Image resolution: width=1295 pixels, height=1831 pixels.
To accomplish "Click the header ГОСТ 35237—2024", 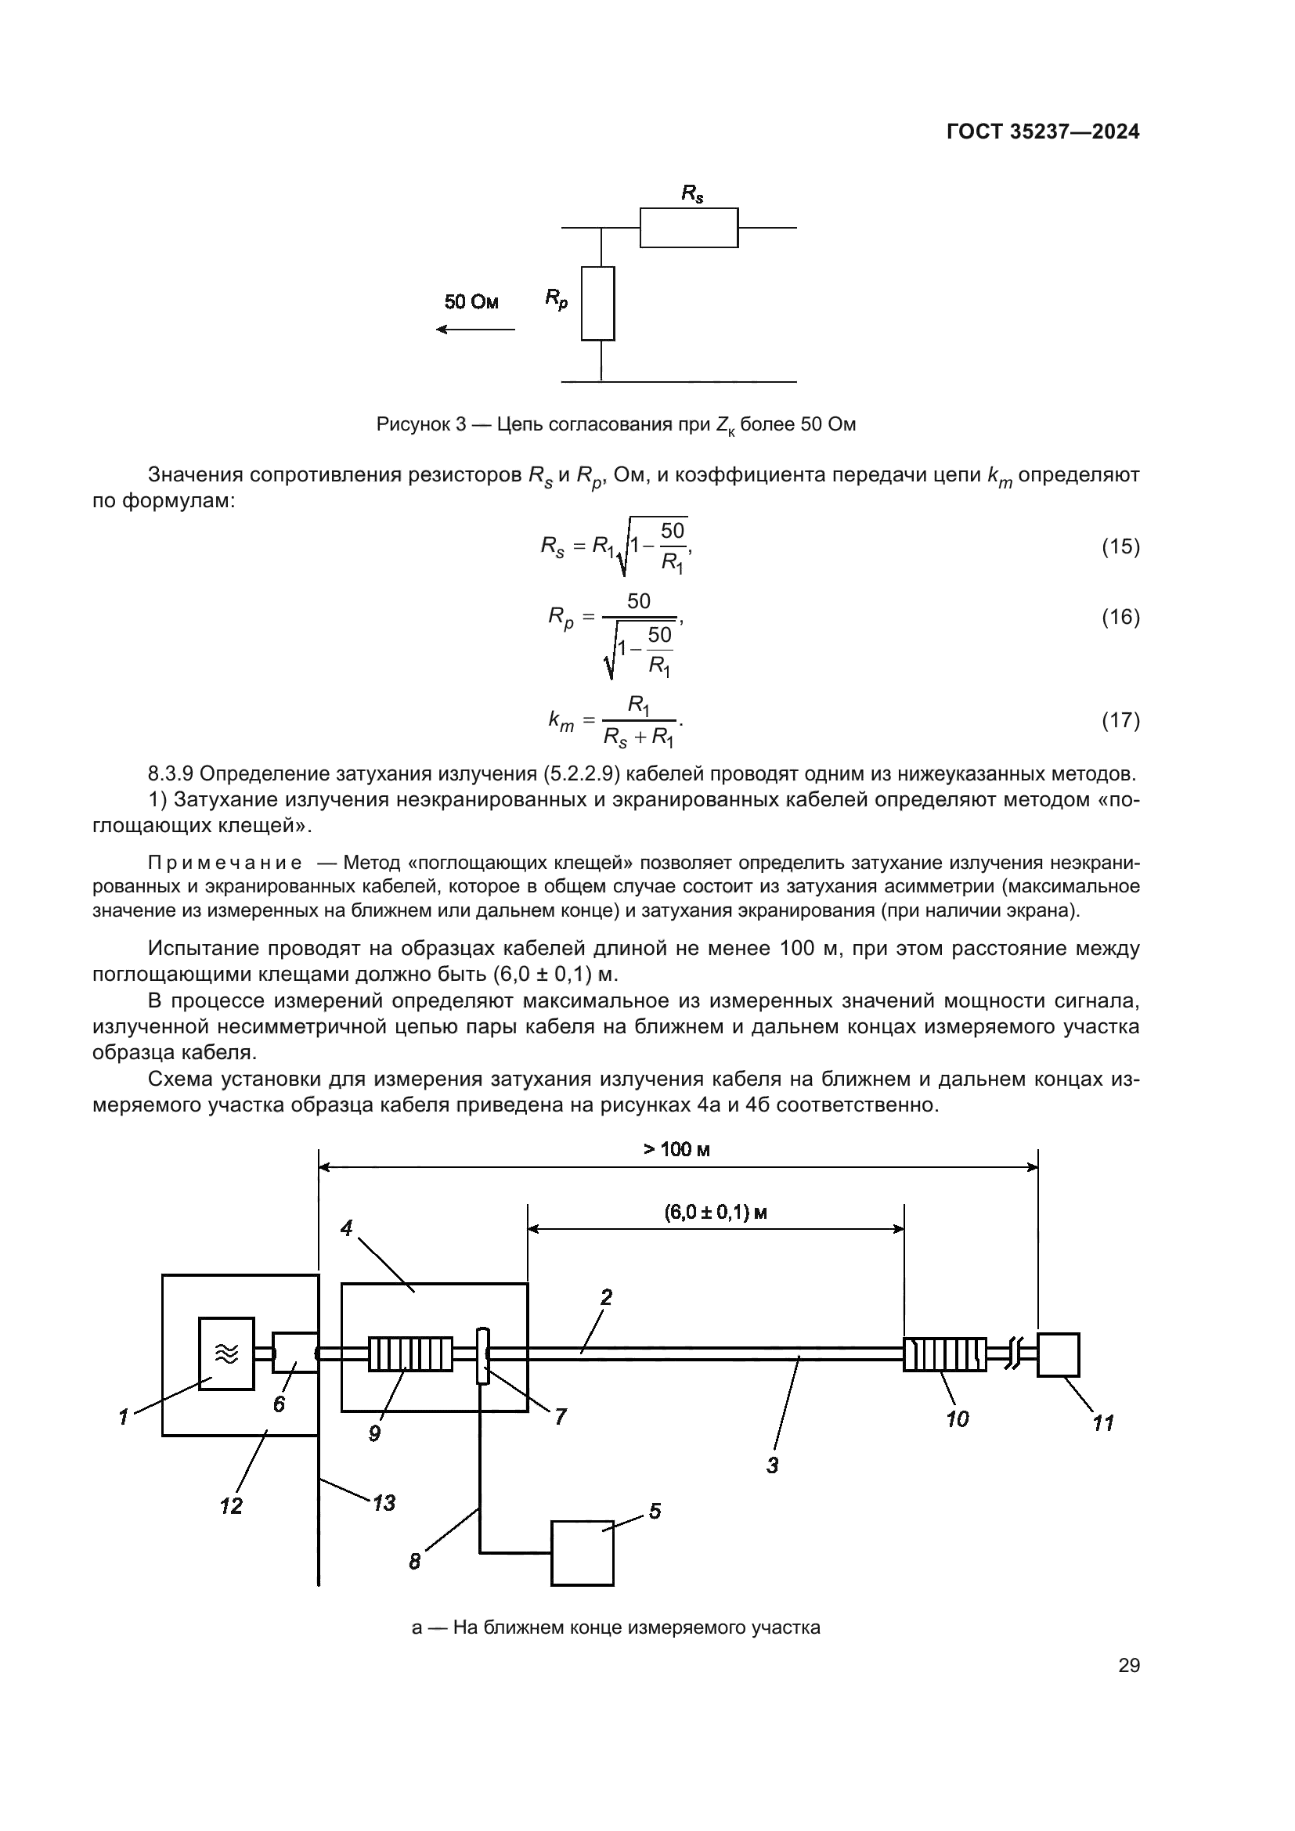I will [1043, 132].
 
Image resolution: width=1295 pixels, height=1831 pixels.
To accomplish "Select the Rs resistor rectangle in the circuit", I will [689, 228].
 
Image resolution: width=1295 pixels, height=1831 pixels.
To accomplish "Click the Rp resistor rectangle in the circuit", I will [598, 303].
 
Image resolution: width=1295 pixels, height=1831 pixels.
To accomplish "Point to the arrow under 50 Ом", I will [476, 330].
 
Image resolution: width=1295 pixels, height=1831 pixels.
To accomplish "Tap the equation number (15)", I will [1120, 546].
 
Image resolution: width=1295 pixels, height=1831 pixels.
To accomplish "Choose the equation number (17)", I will [1120, 721].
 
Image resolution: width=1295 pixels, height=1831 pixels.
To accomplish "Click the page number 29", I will [1129, 1666].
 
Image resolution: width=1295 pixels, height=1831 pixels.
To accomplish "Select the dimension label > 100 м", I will [677, 1149].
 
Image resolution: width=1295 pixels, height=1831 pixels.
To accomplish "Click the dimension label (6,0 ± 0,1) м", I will [716, 1213].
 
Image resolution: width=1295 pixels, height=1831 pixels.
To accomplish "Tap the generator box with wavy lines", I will [226, 1353].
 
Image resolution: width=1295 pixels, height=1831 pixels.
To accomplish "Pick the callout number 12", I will [231, 1506].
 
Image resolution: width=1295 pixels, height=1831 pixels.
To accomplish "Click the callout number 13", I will [384, 1503].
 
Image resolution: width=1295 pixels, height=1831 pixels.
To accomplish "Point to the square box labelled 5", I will [582, 1552].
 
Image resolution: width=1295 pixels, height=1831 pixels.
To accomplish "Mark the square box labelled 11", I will [1059, 1354].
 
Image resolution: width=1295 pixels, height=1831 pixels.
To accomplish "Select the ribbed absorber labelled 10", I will [944, 1354].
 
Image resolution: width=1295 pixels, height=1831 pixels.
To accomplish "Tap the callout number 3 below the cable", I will [772, 1465].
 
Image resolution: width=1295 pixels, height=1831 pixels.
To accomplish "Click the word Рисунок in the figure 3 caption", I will [407, 424].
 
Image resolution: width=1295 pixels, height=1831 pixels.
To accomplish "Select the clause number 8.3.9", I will [170, 773].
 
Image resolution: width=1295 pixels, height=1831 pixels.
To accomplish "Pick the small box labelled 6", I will [294, 1353].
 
